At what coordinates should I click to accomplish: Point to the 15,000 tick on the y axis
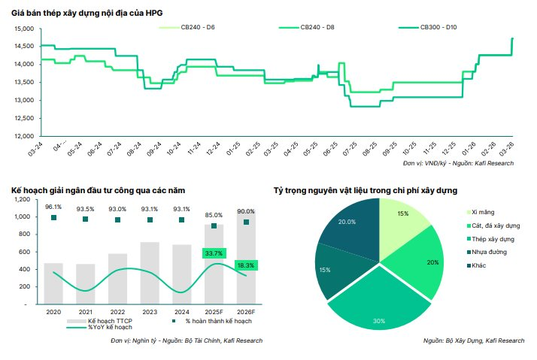pos(24,29)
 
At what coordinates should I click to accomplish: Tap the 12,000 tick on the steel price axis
pos(24,137)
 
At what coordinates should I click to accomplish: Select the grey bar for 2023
pos(150,273)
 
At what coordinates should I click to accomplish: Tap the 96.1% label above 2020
pos(53,207)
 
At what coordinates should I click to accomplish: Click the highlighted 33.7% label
pos(214,253)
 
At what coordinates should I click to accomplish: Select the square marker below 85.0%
pos(214,225)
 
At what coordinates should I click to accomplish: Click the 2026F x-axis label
pos(246,312)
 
